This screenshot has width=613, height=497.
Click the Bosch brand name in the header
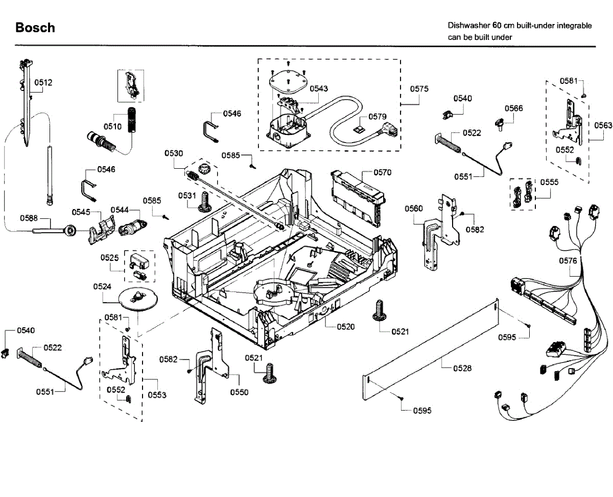35,28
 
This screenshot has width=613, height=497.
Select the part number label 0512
43,82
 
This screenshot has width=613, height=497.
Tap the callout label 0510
112,126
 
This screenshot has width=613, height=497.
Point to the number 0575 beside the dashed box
419,88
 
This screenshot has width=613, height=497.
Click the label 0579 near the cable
378,117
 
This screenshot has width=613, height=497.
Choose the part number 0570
382,172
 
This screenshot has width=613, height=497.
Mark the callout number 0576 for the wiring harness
568,261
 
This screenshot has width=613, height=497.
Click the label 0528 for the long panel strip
462,368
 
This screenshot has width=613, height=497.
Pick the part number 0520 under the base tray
346,327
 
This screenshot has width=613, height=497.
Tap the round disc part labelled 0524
136,297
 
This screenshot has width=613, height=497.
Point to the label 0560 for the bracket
414,209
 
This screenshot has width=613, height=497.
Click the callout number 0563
603,124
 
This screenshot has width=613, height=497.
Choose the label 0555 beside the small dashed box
549,182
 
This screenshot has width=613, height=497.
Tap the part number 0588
29,218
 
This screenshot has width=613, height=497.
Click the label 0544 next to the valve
120,210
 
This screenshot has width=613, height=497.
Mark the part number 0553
157,395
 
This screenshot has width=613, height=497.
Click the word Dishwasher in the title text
468,25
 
